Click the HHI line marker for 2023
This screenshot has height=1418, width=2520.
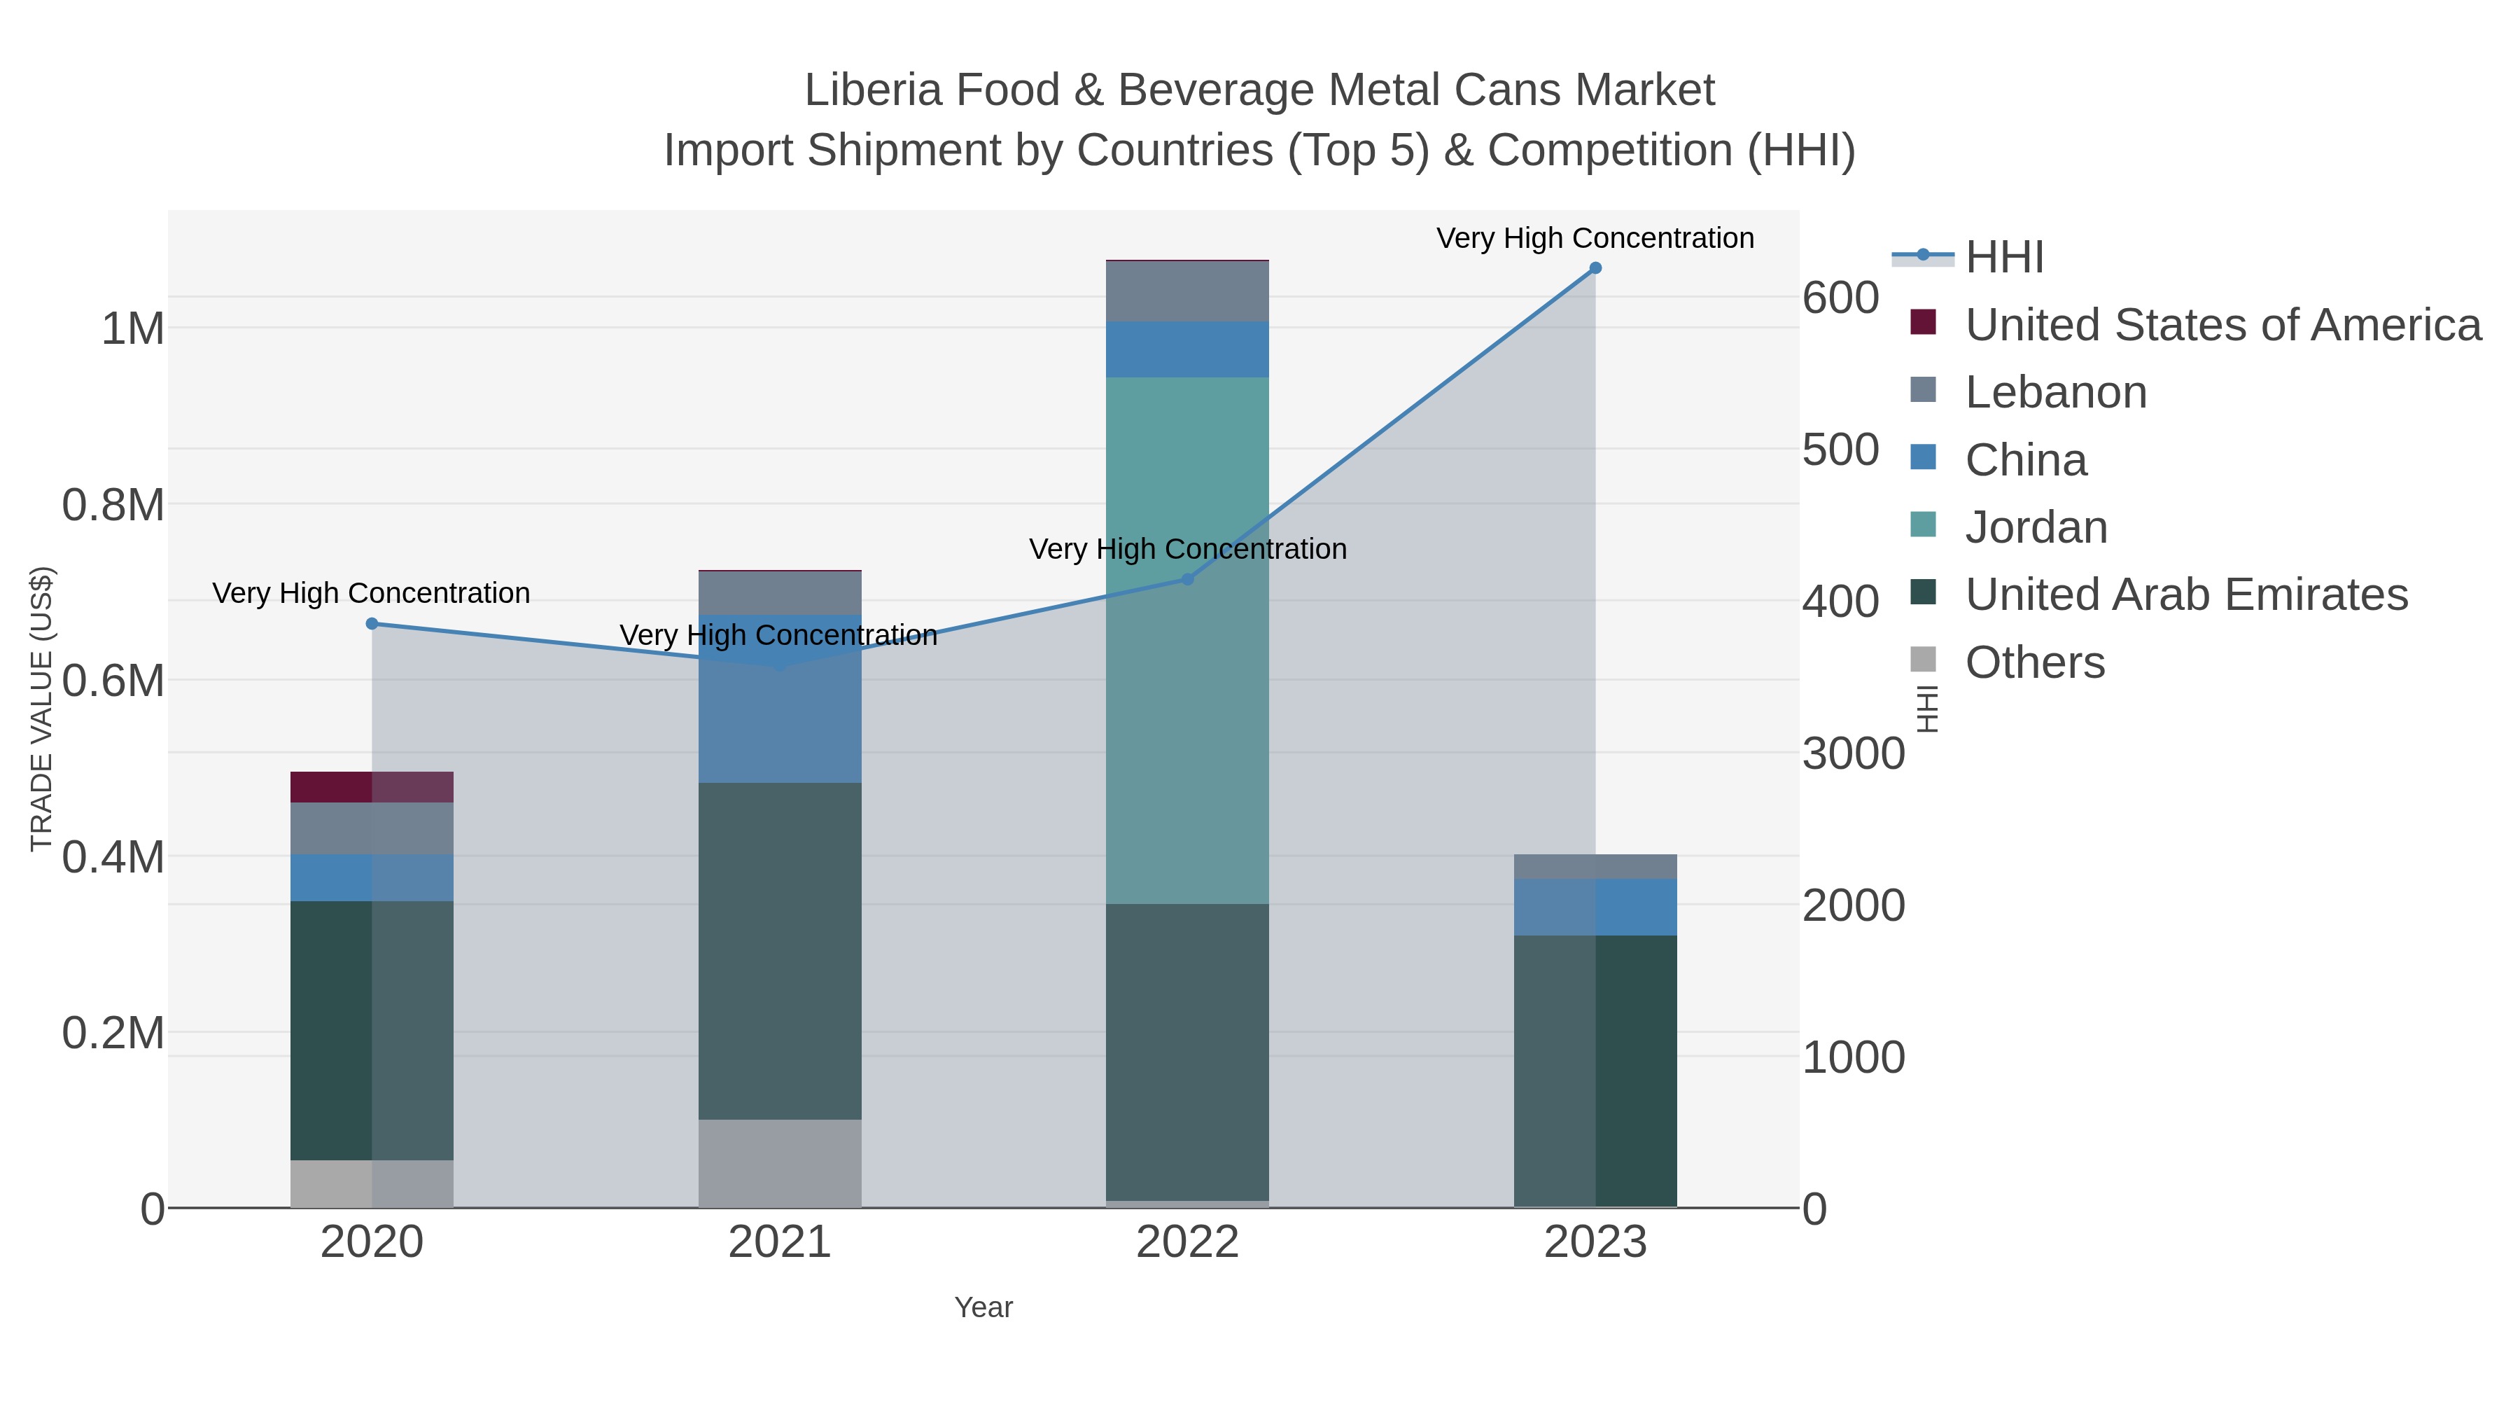1595,268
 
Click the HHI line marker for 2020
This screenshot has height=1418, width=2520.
372,623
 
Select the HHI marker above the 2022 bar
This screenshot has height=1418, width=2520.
1188,579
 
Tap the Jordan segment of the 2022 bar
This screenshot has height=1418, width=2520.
1188,641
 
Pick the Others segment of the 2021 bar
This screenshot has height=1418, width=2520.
780,1162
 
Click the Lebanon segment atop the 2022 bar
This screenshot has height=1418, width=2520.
1188,291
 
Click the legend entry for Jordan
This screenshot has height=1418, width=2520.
2035,527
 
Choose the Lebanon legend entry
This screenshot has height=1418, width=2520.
2054,392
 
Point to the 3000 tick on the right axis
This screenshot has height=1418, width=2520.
1853,753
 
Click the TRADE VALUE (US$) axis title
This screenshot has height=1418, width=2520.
41,709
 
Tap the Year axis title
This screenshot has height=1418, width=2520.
983,1307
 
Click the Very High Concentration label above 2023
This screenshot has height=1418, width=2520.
1595,238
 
